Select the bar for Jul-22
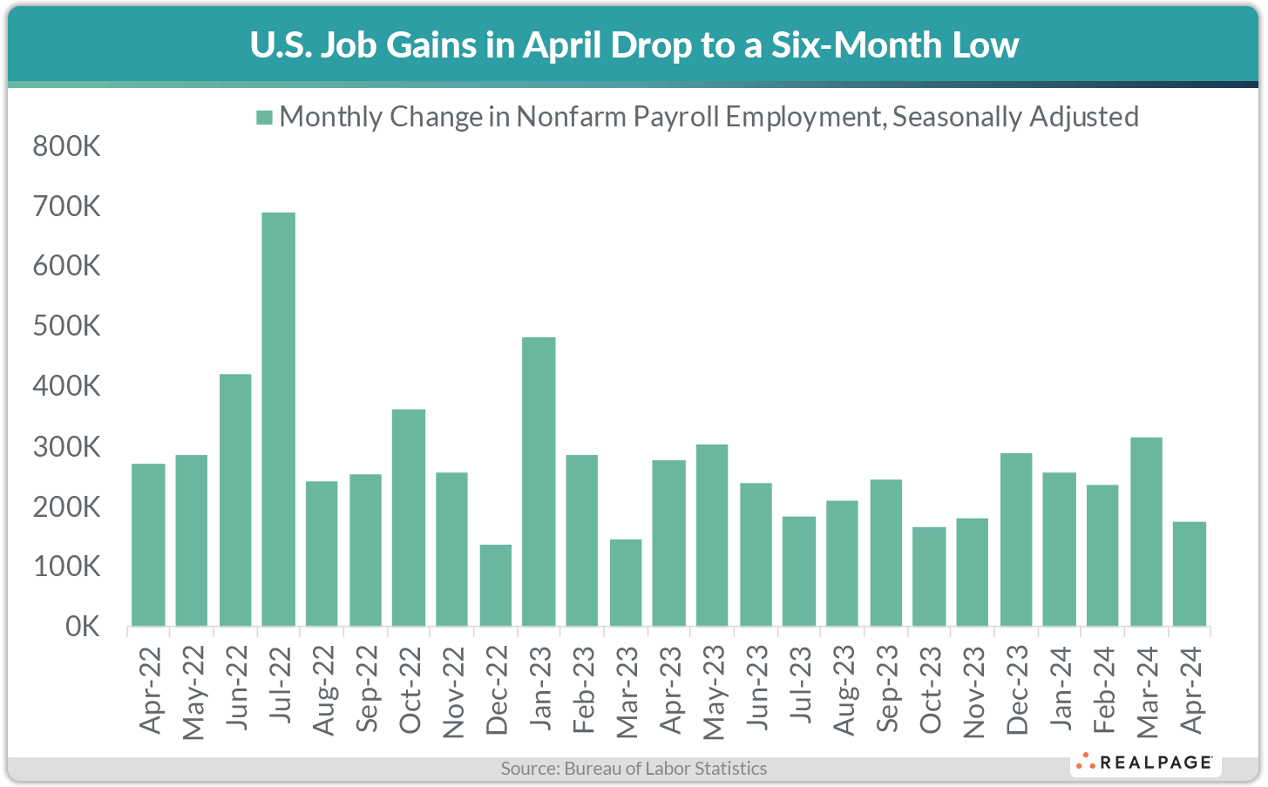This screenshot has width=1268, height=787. [279, 419]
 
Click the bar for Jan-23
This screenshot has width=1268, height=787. [539, 481]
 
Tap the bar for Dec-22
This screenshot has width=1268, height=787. [496, 585]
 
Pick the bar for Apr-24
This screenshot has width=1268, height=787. [1190, 573]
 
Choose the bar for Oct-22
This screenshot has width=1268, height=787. [409, 518]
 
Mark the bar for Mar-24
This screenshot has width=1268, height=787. [1146, 532]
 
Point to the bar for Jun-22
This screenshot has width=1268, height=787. [235, 500]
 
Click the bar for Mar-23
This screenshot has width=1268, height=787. [626, 582]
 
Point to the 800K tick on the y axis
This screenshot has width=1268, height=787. [67, 146]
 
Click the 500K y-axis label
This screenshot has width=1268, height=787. [67, 326]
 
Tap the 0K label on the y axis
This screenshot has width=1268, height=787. [83, 627]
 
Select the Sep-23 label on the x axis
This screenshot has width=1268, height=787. [886, 689]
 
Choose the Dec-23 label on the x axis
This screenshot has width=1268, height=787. [1016, 690]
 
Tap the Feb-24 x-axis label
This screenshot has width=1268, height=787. [1103, 690]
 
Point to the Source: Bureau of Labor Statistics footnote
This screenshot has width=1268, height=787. [634, 769]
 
